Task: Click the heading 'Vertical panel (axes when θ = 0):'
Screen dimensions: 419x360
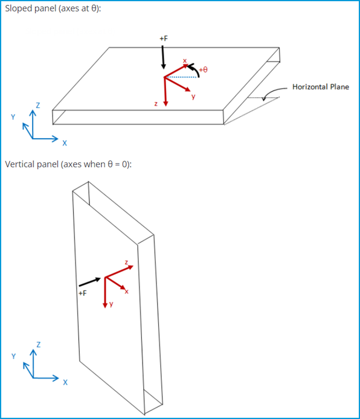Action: (68, 164)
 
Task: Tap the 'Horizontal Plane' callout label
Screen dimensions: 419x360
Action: (320, 87)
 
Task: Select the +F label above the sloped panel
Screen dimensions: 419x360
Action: (163, 38)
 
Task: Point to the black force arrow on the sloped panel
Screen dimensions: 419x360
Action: (163, 57)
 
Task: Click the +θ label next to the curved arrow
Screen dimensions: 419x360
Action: (203, 70)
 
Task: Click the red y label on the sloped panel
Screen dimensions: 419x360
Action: (193, 97)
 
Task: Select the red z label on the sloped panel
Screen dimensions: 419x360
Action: (156, 104)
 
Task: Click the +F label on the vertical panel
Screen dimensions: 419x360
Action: (83, 293)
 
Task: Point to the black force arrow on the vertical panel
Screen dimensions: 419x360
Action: (89, 281)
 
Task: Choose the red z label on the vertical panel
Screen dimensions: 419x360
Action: (126, 263)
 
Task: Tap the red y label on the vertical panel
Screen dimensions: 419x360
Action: (111, 304)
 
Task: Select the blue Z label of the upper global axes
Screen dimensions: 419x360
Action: (37, 105)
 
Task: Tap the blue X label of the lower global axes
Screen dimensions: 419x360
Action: (65, 382)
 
